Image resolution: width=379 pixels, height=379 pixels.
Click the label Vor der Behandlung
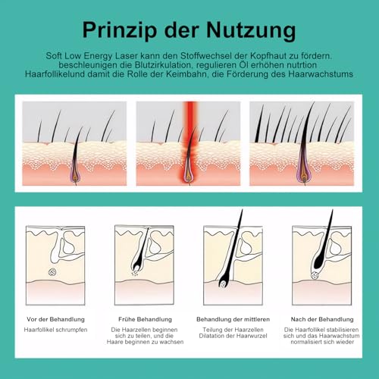click(x=55, y=319)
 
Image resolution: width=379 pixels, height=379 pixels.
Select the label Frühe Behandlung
click(x=145, y=319)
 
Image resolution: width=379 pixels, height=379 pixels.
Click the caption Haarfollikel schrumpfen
click(x=55, y=330)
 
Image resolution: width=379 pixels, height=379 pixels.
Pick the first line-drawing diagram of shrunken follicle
click(x=55, y=262)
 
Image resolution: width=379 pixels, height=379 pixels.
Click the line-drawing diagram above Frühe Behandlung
click(x=144, y=262)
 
